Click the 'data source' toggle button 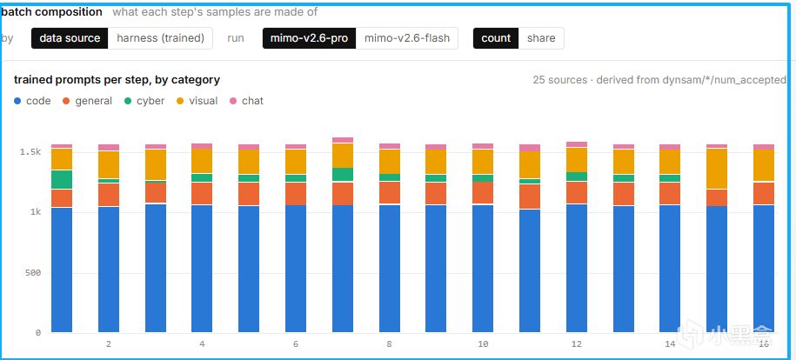tap(70, 38)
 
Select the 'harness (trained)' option tap(160, 38)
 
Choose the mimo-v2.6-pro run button tap(309, 38)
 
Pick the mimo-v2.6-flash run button tap(407, 38)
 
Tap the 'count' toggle tap(496, 38)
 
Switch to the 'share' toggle tap(541, 38)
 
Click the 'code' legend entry tap(32, 101)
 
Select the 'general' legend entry tap(87, 101)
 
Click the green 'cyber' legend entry tap(144, 101)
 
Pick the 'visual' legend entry tap(197, 101)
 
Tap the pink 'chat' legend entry tap(247, 101)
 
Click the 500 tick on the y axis tap(33, 273)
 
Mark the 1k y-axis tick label tap(35, 212)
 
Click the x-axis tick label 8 tap(390, 344)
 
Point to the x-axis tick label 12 tap(576, 344)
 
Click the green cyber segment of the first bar tap(62, 180)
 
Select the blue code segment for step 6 tap(296, 269)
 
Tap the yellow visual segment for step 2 tap(109, 164)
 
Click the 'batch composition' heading tap(52, 11)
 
